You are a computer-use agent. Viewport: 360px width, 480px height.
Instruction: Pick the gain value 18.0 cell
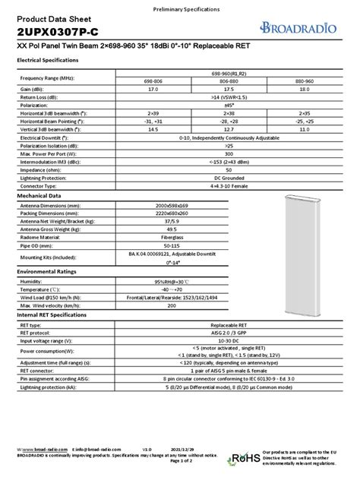click(x=303, y=90)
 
